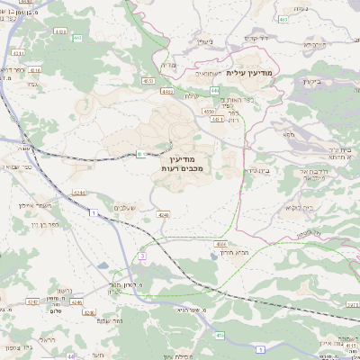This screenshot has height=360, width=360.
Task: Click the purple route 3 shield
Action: pos(142,257)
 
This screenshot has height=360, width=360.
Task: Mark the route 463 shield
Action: pos(284,18)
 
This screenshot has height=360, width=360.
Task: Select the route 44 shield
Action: pos(70,356)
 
